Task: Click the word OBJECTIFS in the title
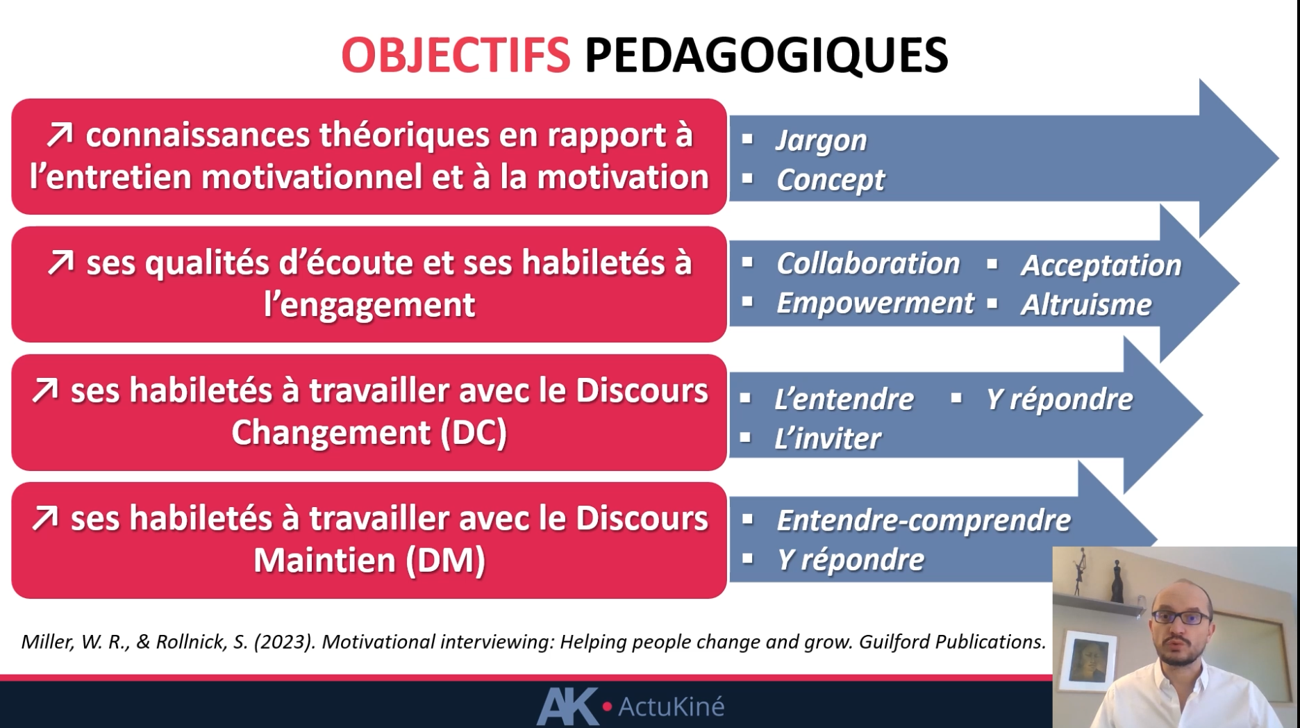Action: [x=456, y=55]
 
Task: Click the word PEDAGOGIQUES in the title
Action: [x=766, y=55]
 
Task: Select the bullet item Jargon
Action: [x=822, y=140]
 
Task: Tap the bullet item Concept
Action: [x=831, y=180]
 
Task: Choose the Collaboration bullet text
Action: [x=868, y=263]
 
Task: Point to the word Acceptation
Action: [x=1101, y=265]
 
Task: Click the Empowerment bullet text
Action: [x=875, y=303]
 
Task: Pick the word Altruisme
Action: [x=1086, y=304]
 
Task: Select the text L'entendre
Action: [x=844, y=399]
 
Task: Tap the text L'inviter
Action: [x=827, y=438]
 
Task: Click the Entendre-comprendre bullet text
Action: [x=924, y=520]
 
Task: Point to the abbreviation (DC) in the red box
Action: [x=474, y=433]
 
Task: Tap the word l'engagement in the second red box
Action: [x=369, y=305]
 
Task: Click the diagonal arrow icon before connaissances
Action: [x=60, y=135]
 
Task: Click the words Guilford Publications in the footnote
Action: [x=952, y=642]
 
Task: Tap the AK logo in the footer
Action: [x=567, y=706]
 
